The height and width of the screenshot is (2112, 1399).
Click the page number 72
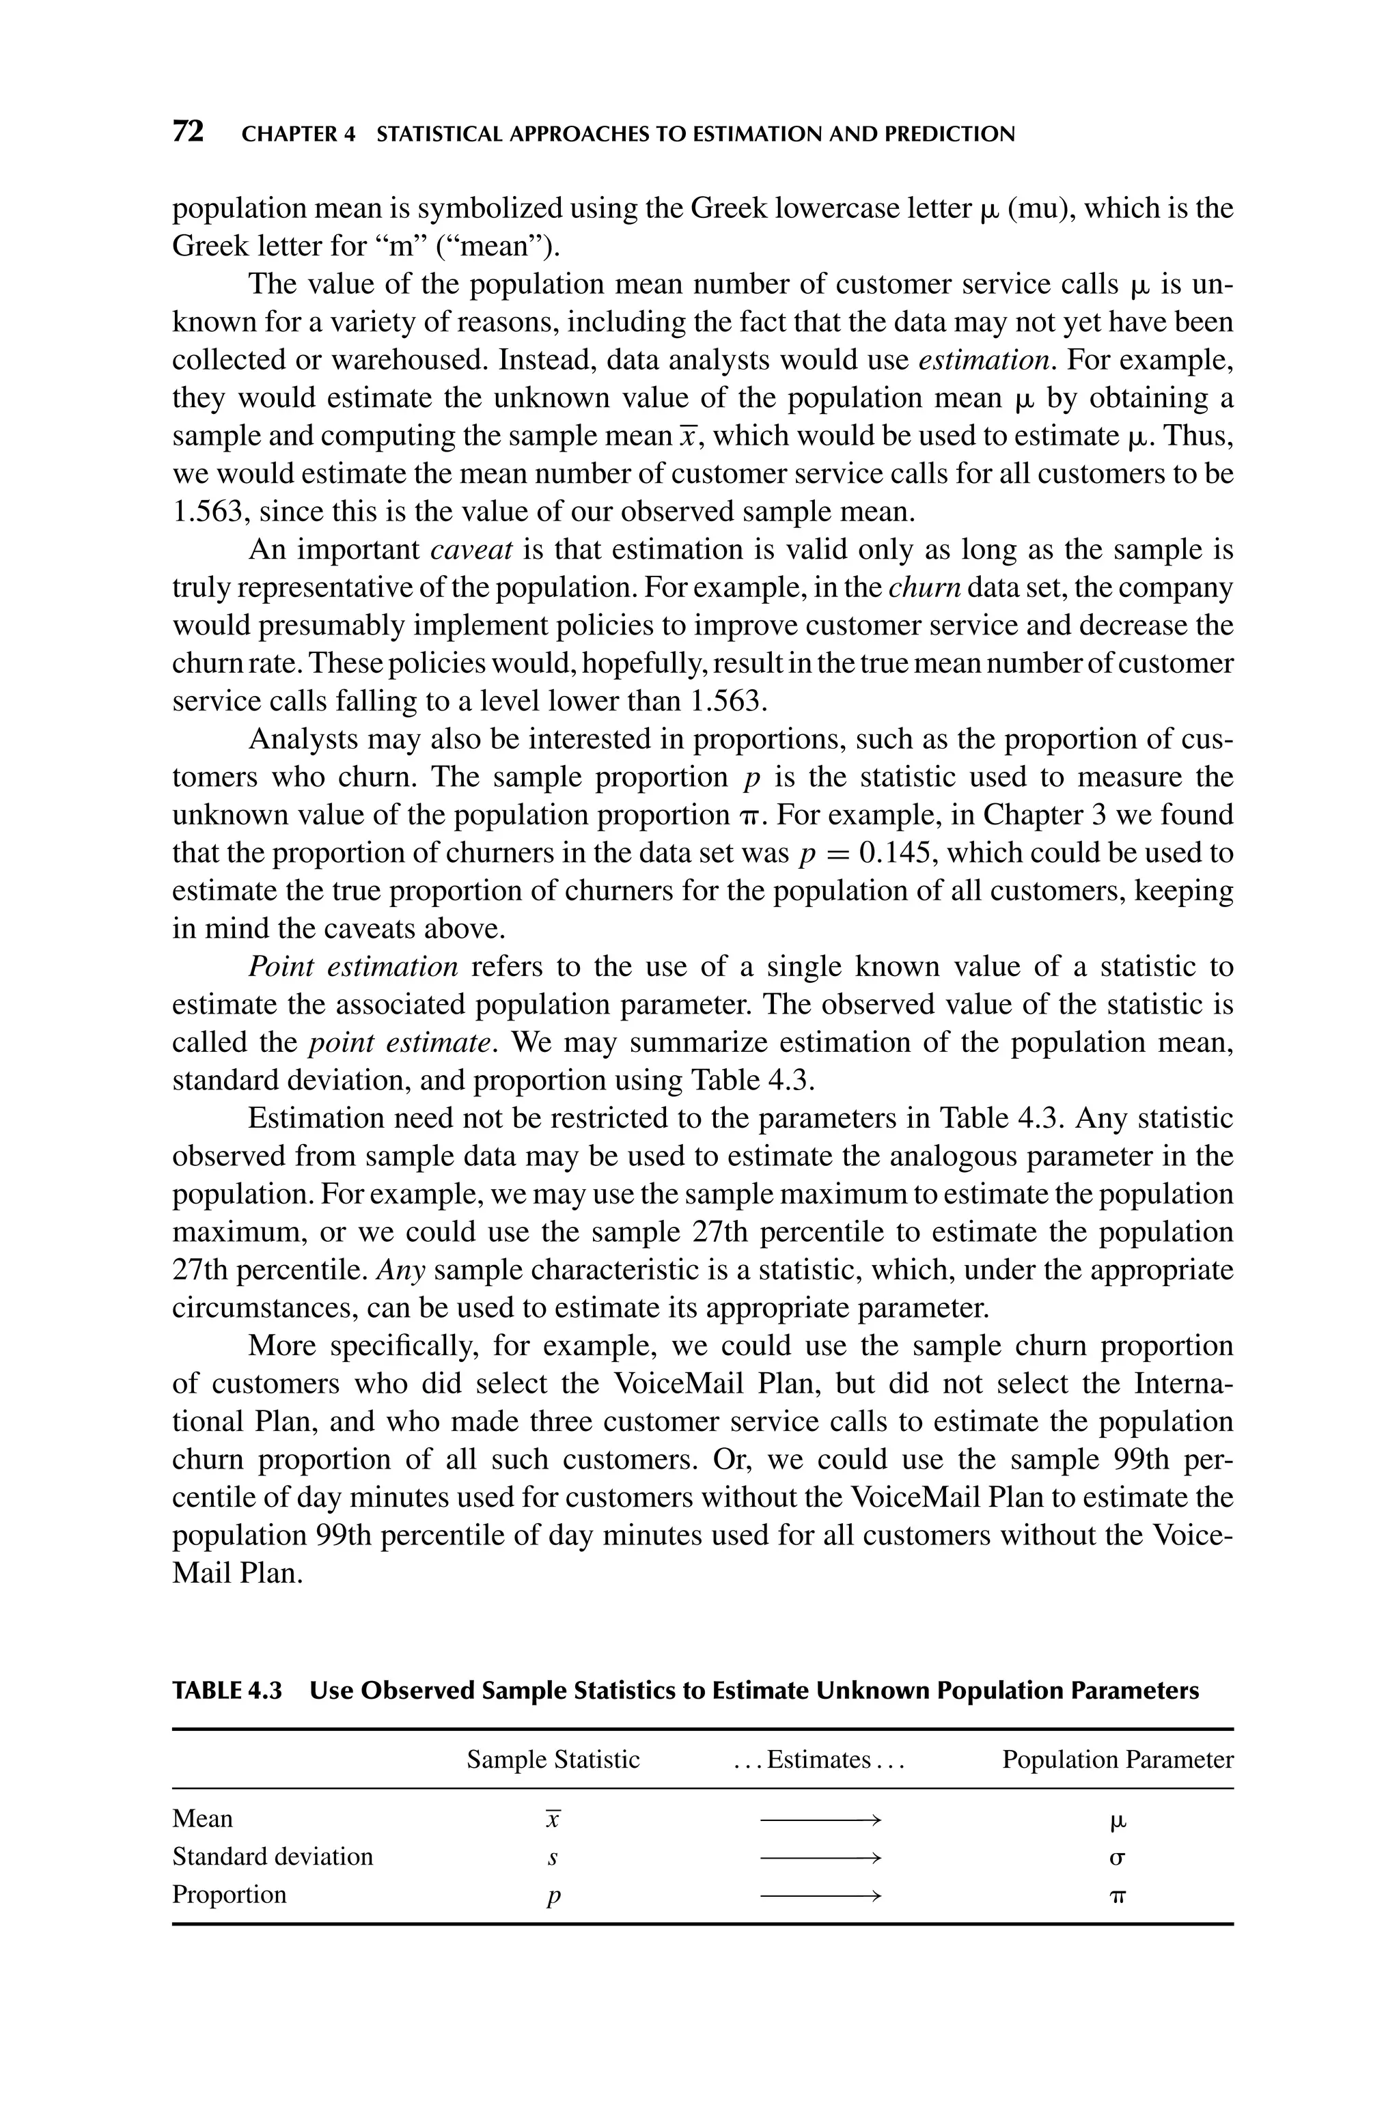point(189,132)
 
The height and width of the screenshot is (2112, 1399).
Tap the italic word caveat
point(471,549)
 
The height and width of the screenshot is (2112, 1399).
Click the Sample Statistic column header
point(553,1760)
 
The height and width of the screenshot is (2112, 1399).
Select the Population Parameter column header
point(1117,1760)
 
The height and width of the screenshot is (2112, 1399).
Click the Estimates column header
point(818,1760)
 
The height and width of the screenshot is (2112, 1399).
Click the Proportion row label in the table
point(230,1894)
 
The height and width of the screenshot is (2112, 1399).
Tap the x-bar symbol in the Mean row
point(553,1818)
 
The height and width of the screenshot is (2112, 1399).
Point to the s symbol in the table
point(553,1858)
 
